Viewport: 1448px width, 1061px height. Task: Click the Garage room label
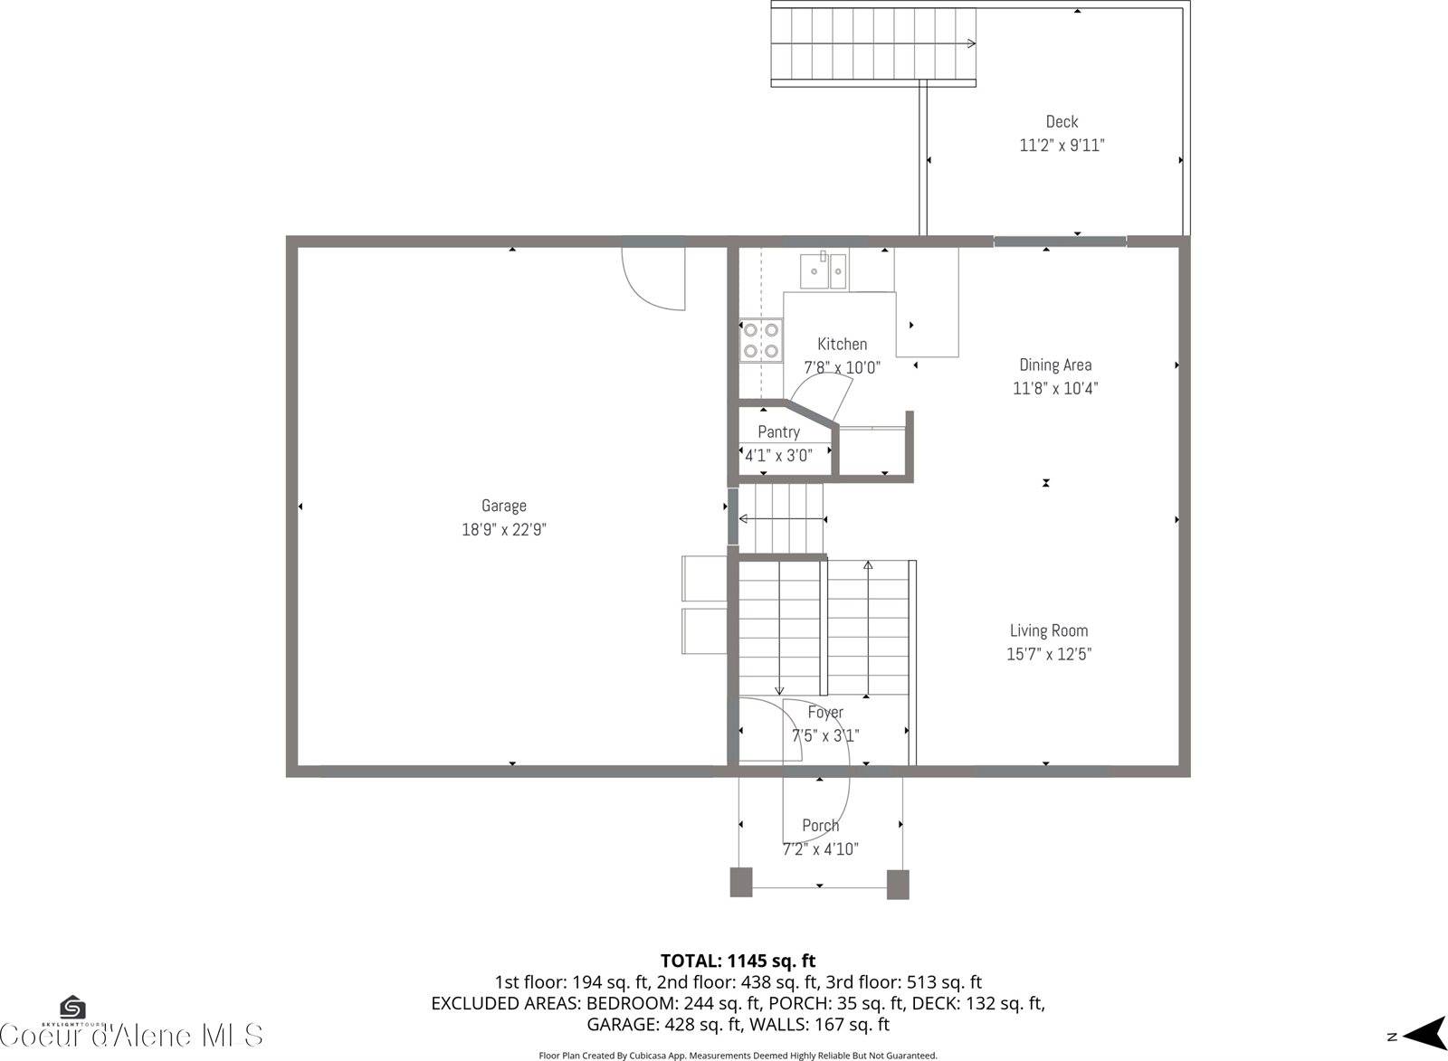click(x=503, y=506)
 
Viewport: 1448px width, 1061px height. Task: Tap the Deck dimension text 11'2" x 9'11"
click(x=1062, y=145)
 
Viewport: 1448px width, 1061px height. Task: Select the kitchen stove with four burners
click(x=761, y=340)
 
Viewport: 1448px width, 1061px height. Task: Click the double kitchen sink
click(x=824, y=270)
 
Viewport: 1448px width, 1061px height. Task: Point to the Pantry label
click(x=778, y=431)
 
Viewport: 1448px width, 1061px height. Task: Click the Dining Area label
click(x=1055, y=365)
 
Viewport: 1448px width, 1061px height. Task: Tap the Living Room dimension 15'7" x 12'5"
click(x=1049, y=654)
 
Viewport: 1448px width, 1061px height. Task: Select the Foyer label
click(x=825, y=712)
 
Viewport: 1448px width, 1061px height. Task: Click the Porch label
click(x=820, y=825)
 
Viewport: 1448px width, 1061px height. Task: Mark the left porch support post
click(x=741, y=883)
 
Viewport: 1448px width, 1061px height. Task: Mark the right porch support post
click(x=898, y=884)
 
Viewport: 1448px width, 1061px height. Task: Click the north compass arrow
click(x=1424, y=1035)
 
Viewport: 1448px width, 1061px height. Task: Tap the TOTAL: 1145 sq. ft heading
click(x=738, y=961)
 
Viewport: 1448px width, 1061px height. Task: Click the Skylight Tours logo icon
click(x=72, y=1008)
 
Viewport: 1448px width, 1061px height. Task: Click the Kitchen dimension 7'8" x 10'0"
click(x=842, y=367)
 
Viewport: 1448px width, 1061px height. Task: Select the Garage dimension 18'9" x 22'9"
click(x=503, y=529)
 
